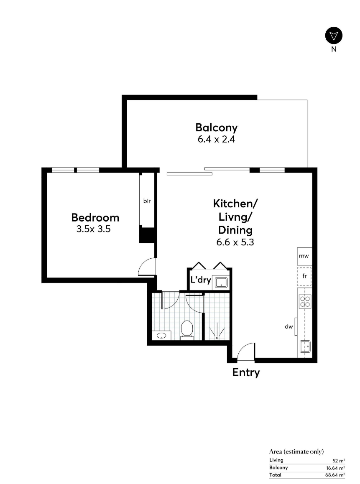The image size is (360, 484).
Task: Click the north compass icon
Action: pyautogui.click(x=334, y=36)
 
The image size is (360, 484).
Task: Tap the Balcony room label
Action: pyautogui.click(x=217, y=127)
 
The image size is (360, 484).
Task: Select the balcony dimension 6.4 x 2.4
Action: pyautogui.click(x=217, y=139)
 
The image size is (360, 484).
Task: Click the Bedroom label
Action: pyautogui.click(x=95, y=218)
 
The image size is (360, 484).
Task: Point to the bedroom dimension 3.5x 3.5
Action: pyautogui.click(x=94, y=229)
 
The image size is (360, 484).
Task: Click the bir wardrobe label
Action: pyautogui.click(x=147, y=201)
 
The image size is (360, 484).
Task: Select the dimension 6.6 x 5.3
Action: pyautogui.click(x=235, y=242)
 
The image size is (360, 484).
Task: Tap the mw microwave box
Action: pyautogui.click(x=304, y=256)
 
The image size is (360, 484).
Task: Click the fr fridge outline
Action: pyautogui.click(x=304, y=276)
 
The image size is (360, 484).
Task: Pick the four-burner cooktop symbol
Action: pyautogui.click(x=305, y=302)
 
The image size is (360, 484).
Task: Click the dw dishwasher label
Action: pyautogui.click(x=289, y=326)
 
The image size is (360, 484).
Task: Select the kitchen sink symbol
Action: pyautogui.click(x=305, y=346)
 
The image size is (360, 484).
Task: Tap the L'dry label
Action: pyautogui.click(x=201, y=280)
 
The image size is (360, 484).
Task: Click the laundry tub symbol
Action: pyautogui.click(x=221, y=283)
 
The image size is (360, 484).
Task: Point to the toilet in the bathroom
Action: pyautogui.click(x=187, y=330)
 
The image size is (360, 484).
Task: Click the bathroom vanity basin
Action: pyautogui.click(x=161, y=336)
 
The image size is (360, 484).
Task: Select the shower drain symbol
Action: pyautogui.click(x=217, y=338)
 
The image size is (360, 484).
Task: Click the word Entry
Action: pyautogui.click(x=246, y=372)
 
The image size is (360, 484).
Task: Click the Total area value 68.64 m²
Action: pyautogui.click(x=335, y=475)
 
